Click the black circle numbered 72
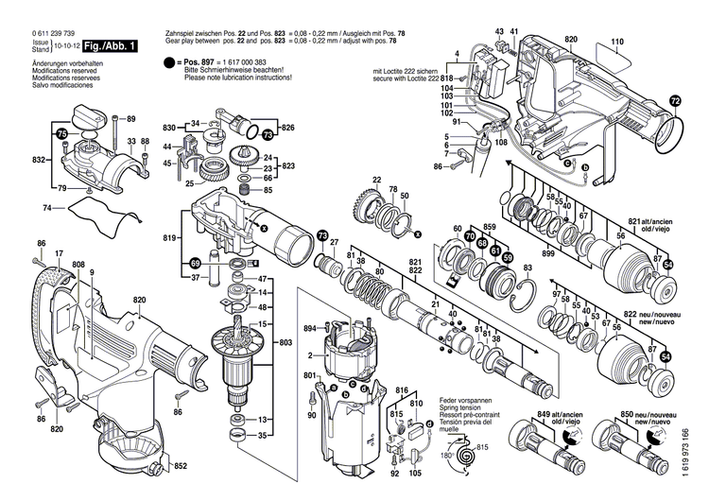[x=674, y=101]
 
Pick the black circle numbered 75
[x=61, y=134]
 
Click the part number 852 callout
[x=182, y=466]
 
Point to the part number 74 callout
[x=48, y=207]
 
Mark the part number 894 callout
[x=308, y=328]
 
